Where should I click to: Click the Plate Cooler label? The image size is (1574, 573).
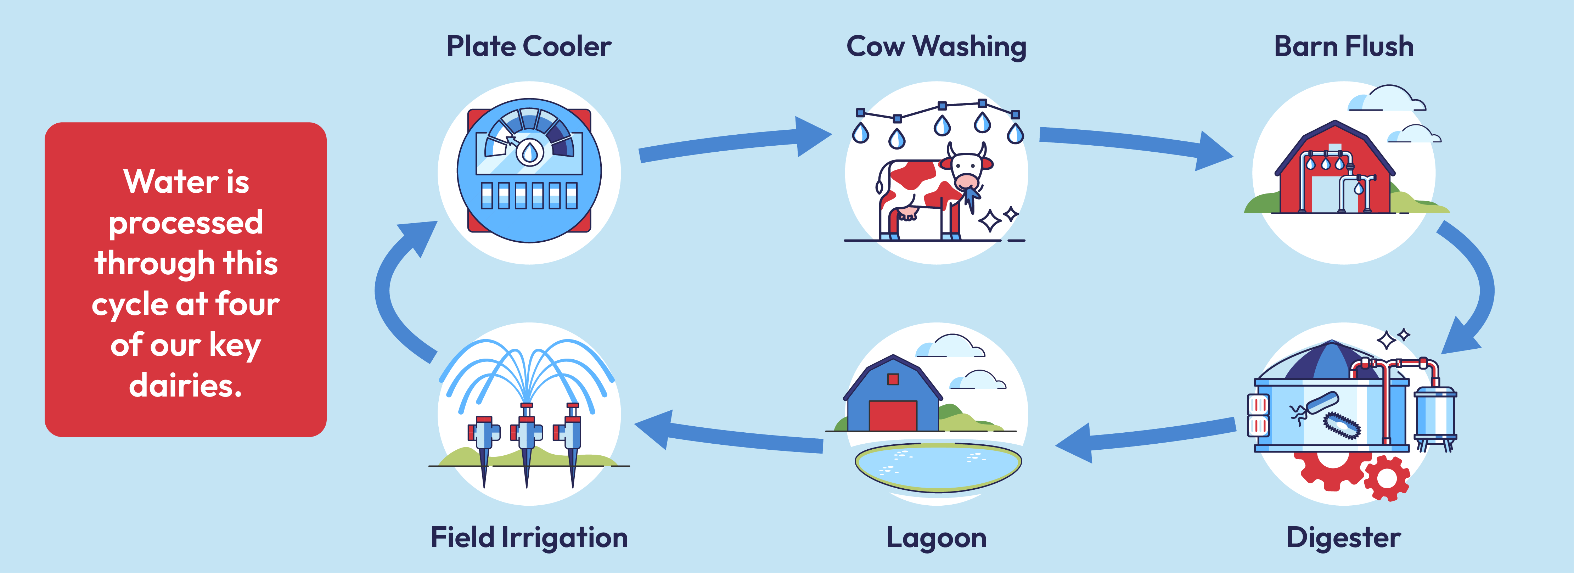tap(529, 46)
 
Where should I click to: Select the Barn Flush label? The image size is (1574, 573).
tap(1344, 46)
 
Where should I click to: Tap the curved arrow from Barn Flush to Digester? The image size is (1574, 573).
tap(1482, 287)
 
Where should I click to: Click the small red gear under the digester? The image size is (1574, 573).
tap(1387, 479)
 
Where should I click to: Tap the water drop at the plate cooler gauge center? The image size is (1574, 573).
tap(530, 153)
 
